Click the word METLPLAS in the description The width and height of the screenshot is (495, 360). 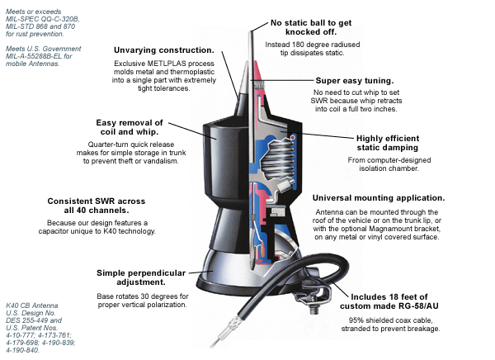coord(177,64)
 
